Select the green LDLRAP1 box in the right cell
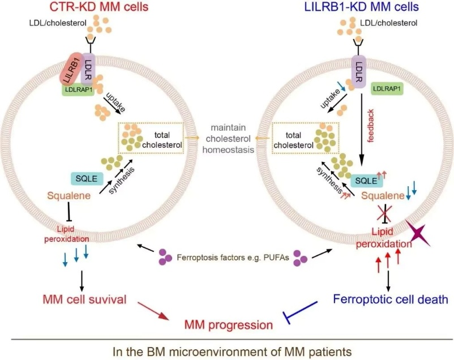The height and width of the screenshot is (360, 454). [x=387, y=88]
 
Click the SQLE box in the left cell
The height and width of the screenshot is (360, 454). [x=84, y=179]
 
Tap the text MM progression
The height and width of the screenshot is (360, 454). [x=228, y=324]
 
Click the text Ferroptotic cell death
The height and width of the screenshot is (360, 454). [x=390, y=298]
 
